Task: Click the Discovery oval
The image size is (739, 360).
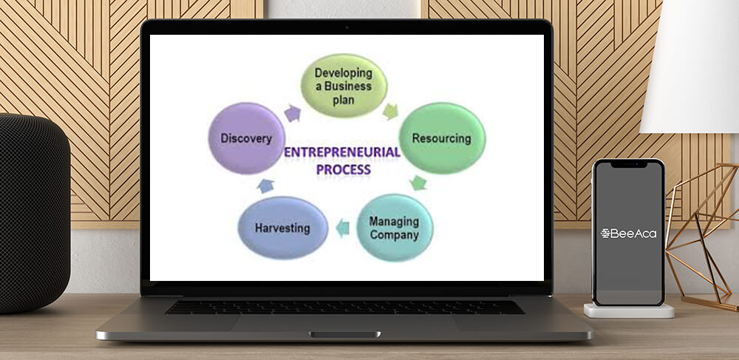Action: coord(247,138)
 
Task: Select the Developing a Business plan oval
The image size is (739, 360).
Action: coord(344,85)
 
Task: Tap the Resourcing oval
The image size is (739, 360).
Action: coord(442,138)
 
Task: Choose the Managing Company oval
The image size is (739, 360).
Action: coord(395,228)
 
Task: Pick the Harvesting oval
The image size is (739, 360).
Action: coord(283,228)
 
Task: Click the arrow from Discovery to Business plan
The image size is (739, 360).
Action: coord(293,113)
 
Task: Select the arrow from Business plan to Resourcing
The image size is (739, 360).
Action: coord(390,111)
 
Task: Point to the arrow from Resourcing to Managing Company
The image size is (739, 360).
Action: coord(418,183)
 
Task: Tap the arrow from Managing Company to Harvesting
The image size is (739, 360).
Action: coord(343,228)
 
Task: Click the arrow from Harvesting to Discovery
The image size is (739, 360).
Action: coord(266,186)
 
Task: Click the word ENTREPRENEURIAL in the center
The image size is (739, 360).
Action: coord(342,152)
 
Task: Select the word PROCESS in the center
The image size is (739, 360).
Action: coord(344,169)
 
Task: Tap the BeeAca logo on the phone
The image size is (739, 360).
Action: coord(628,234)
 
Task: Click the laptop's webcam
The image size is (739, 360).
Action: coord(347,27)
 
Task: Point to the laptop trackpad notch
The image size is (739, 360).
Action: coord(345,335)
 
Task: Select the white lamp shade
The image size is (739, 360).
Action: coord(689,66)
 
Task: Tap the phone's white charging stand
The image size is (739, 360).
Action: coord(629,310)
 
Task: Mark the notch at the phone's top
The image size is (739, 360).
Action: coord(629,164)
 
